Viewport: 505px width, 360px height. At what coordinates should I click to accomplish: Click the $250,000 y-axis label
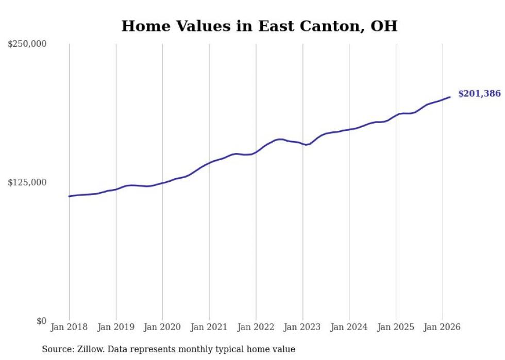pos(27,44)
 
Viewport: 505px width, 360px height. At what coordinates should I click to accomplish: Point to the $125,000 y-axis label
pos(27,182)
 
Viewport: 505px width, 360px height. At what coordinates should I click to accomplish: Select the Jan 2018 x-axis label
pos(69,327)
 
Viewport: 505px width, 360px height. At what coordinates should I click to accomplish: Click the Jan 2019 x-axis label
pos(116,327)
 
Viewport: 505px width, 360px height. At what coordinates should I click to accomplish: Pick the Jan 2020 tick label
pos(162,327)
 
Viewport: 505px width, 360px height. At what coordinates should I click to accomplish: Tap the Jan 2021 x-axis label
pos(209,327)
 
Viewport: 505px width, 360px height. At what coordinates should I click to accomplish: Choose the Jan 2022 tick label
pos(256,327)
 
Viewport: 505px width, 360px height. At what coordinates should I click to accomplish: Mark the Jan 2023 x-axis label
pos(302,327)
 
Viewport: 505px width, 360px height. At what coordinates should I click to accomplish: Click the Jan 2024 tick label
pos(349,327)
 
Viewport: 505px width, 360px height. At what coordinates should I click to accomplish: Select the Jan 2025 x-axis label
pos(396,327)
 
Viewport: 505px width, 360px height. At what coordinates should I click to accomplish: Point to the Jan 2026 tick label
pos(443,327)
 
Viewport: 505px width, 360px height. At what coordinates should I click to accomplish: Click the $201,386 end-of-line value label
pos(479,94)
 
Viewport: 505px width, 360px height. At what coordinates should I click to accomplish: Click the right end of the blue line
pos(450,97)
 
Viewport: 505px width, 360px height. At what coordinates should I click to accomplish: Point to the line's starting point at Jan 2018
pos(69,196)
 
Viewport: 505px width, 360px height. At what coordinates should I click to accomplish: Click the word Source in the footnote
pos(57,349)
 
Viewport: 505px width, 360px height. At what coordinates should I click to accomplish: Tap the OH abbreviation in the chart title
pos(384,26)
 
